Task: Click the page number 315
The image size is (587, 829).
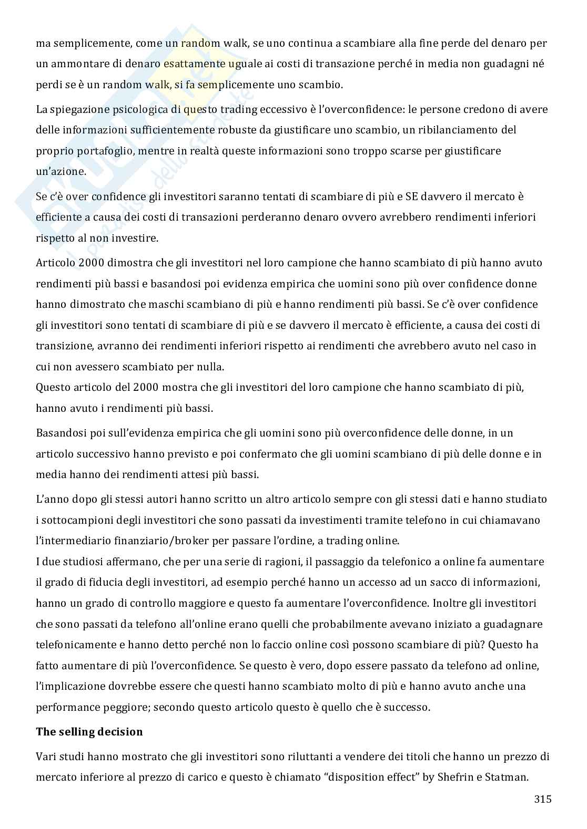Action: coord(542,800)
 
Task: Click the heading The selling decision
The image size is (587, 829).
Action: coord(89,732)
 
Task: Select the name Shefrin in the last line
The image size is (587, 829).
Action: coord(457,777)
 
